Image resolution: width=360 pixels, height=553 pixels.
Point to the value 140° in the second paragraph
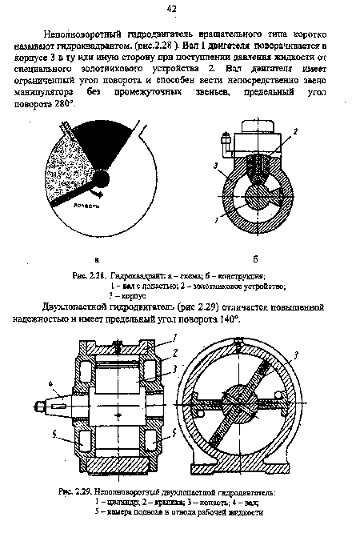click(228, 319)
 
